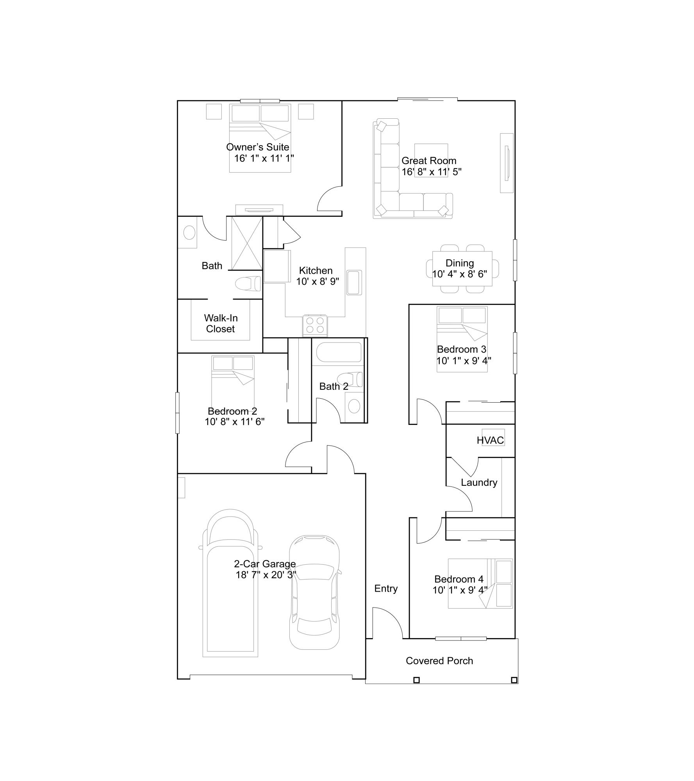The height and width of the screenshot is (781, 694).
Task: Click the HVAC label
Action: coord(490,440)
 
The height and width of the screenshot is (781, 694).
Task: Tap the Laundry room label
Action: coord(479,483)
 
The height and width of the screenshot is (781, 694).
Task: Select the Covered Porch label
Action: coord(439,661)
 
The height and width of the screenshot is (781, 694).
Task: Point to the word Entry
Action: coord(386,588)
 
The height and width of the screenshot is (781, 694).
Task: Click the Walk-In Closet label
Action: coord(221,323)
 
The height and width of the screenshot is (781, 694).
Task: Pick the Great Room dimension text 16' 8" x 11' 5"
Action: coord(432,172)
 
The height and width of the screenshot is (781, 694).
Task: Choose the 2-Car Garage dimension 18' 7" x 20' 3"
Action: coord(266,575)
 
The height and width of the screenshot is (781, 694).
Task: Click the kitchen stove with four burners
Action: coord(315,325)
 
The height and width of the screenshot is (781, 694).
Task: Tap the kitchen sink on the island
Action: coord(354,282)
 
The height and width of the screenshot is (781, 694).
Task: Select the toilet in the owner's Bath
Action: coord(248,283)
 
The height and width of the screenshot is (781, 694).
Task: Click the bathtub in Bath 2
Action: coord(339,352)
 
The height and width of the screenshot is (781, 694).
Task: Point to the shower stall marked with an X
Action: coord(247,243)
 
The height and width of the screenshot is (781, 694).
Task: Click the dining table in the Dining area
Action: coord(462,269)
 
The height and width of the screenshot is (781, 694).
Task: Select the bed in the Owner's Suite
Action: coord(260,138)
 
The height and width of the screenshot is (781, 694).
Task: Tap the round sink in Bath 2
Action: coord(354,406)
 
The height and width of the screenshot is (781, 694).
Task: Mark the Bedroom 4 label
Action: coord(459,579)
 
